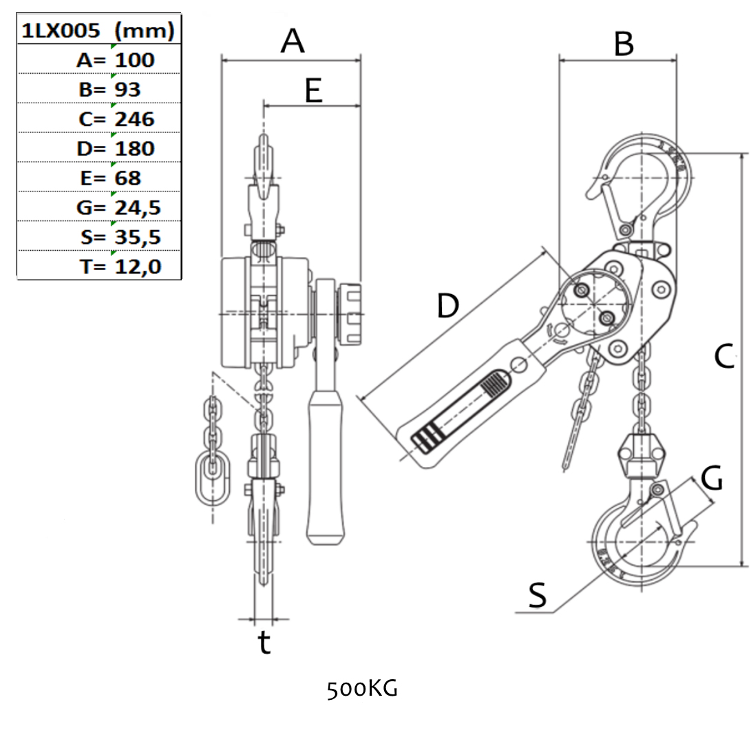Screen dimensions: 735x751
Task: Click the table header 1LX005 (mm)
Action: [98, 30]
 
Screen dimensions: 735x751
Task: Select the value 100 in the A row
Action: [134, 60]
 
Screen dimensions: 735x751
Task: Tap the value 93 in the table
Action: [127, 90]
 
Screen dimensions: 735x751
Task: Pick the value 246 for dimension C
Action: [134, 119]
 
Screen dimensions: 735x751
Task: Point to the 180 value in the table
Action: [134, 149]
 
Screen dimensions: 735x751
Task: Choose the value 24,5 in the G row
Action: [137, 207]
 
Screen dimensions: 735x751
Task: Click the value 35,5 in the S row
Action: [137, 237]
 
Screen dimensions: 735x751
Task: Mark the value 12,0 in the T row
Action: [137, 267]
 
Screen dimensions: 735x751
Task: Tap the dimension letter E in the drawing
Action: [313, 90]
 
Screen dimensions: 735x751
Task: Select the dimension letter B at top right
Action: [623, 45]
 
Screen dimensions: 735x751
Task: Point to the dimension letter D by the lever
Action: [447, 305]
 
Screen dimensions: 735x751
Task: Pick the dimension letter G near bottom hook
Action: [712, 478]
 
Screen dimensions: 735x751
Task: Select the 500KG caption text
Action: [362, 688]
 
